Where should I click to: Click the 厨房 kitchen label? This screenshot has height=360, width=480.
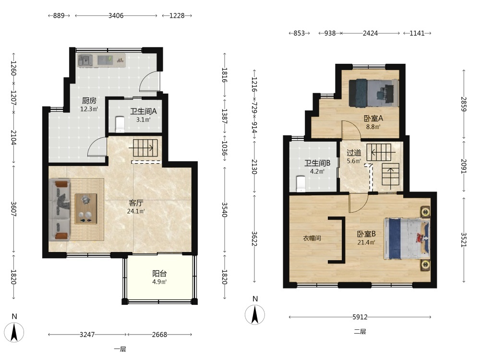click(x=89, y=100)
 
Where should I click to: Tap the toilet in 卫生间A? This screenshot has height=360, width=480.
click(x=120, y=124)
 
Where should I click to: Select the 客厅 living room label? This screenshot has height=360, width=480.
click(x=136, y=203)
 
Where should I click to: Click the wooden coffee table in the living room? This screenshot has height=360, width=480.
click(x=86, y=208)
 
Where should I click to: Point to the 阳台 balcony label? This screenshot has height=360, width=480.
click(x=159, y=274)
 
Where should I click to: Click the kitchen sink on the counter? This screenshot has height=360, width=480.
click(x=85, y=60)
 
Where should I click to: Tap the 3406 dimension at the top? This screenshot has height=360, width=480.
click(x=116, y=16)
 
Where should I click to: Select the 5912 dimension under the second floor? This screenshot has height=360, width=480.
click(x=360, y=317)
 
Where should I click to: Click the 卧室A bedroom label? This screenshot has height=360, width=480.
click(x=373, y=118)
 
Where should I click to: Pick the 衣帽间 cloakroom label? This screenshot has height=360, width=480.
click(x=312, y=238)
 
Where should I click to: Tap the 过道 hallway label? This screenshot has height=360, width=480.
click(x=354, y=153)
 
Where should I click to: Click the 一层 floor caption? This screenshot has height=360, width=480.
click(x=120, y=349)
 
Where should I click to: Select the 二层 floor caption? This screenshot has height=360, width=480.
click(x=360, y=332)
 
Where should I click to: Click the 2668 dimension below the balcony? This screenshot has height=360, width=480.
click(x=159, y=335)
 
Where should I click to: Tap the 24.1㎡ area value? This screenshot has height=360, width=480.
click(x=136, y=211)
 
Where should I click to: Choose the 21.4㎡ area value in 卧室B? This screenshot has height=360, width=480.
click(x=366, y=242)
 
